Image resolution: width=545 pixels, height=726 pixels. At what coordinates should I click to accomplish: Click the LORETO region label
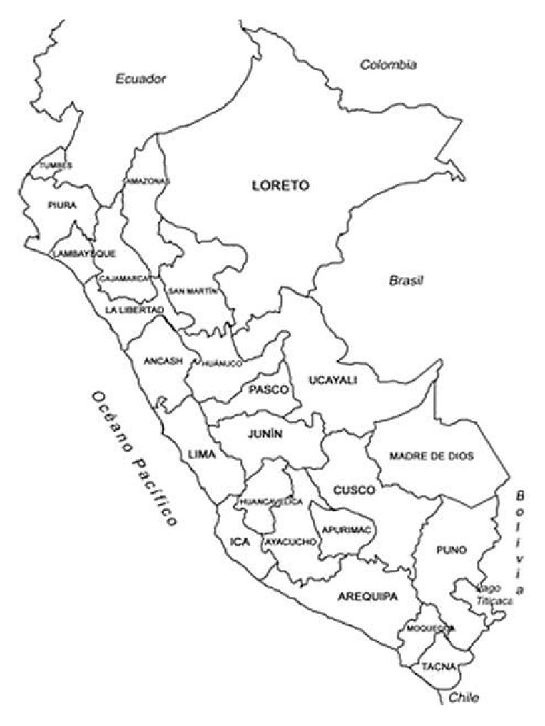(x=281, y=186)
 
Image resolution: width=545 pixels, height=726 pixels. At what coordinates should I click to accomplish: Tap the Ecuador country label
(x=141, y=79)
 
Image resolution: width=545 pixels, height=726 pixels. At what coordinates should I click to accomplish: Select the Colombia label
(x=388, y=65)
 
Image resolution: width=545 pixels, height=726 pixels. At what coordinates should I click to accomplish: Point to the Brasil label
(x=406, y=280)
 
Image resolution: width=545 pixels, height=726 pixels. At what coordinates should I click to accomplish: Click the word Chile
(x=464, y=698)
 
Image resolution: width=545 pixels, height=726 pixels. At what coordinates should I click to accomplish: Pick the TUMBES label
(x=56, y=165)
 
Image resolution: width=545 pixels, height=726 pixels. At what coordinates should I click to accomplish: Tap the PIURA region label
(x=62, y=206)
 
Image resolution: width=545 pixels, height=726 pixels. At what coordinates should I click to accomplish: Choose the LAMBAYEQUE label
(x=84, y=253)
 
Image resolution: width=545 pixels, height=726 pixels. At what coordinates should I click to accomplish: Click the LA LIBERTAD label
(x=134, y=311)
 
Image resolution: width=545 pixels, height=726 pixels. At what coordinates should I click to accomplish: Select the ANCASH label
(x=163, y=361)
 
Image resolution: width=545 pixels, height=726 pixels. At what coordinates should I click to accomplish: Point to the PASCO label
(x=268, y=390)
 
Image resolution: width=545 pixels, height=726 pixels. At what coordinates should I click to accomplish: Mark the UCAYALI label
(x=333, y=381)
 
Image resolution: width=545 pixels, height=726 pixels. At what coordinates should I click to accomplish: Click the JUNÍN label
(x=265, y=435)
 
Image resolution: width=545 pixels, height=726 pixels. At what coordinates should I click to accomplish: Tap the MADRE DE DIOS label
(x=431, y=456)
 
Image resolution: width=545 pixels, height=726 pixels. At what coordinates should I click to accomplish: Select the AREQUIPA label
(x=368, y=596)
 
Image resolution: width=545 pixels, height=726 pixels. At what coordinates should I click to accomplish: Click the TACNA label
(x=433, y=667)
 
